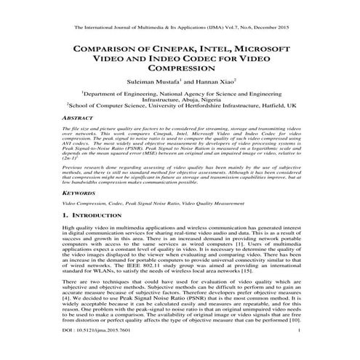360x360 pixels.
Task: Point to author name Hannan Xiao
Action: click(219, 82)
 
